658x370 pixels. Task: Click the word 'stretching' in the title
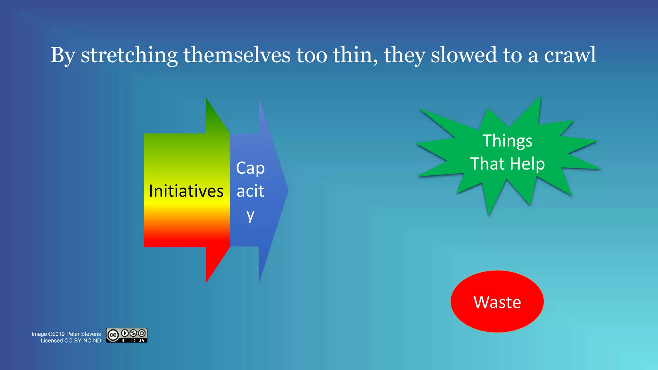tap(129, 55)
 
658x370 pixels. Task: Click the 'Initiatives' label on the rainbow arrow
tap(186, 191)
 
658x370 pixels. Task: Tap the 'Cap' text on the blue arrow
tap(250, 168)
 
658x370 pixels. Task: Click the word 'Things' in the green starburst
tap(507, 141)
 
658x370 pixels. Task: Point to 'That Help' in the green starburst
tap(507, 164)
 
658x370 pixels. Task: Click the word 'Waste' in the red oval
tap(497, 302)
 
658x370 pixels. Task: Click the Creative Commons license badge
tap(127, 335)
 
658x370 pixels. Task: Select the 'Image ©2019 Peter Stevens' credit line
tap(66, 334)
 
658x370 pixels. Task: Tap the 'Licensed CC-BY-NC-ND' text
tap(71, 341)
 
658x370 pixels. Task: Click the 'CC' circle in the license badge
tap(113, 335)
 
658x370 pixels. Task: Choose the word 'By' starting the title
tap(63, 55)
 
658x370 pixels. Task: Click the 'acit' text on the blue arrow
tap(250, 191)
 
